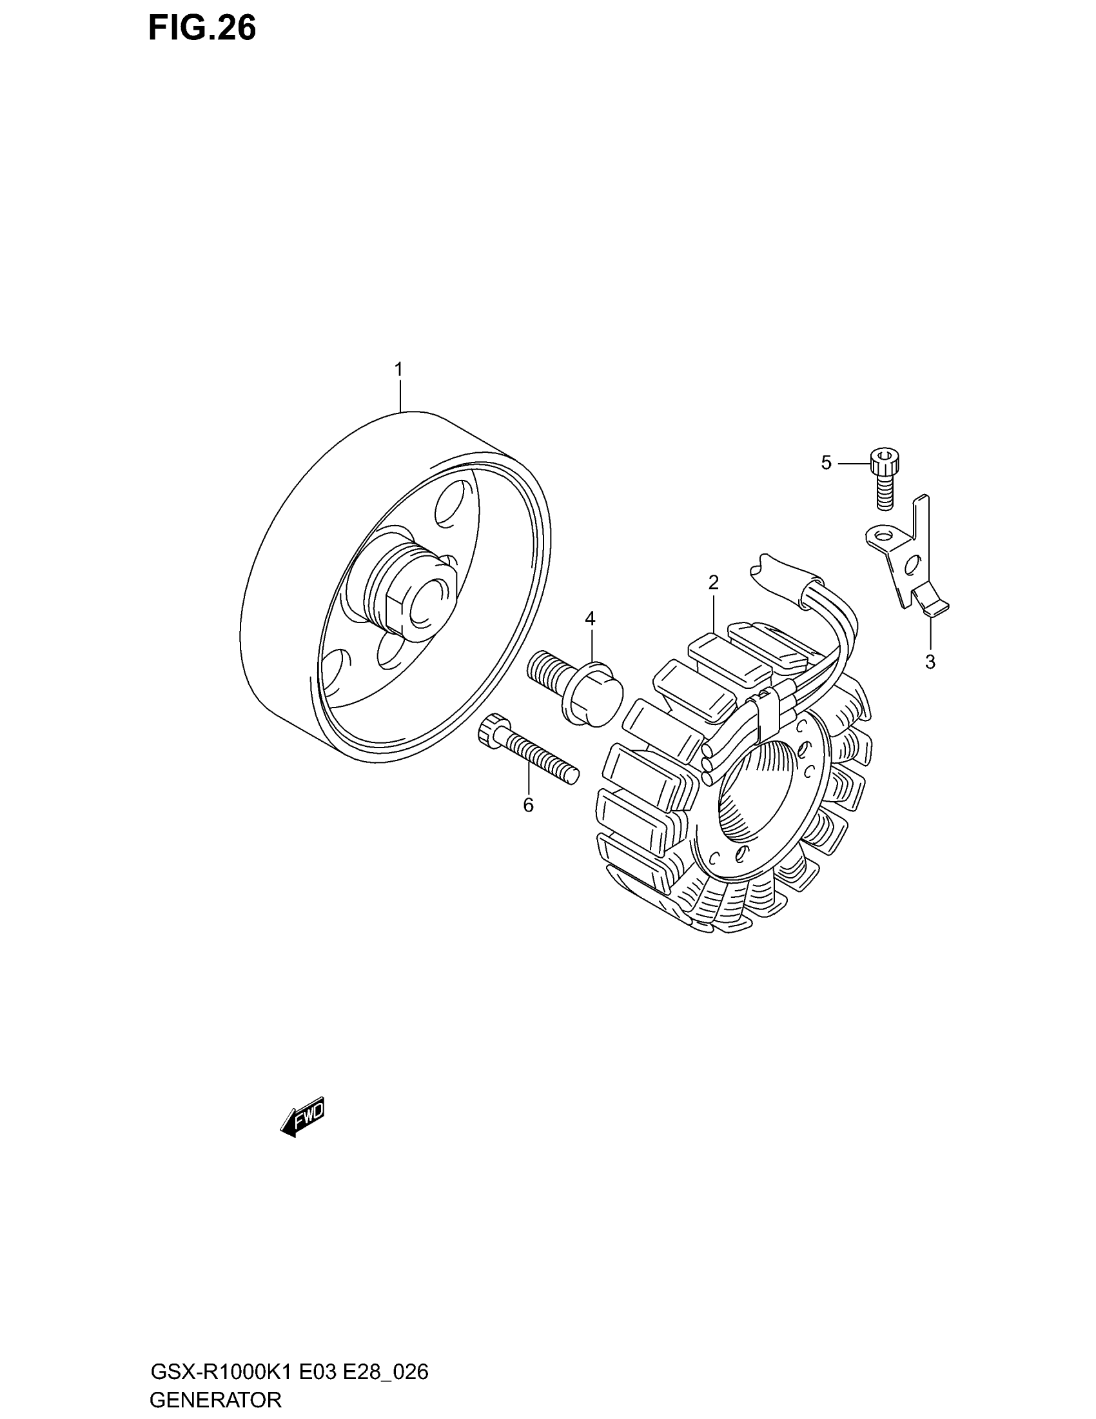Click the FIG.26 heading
pos(202,28)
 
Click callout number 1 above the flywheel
pos(398,370)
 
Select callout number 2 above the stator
pos(713,583)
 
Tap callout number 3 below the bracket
pos(930,662)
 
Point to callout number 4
pos(589,619)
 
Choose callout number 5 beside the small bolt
pos(826,462)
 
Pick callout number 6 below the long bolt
pos(528,805)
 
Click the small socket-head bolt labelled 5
pos(885,478)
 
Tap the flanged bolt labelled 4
pos(574,688)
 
